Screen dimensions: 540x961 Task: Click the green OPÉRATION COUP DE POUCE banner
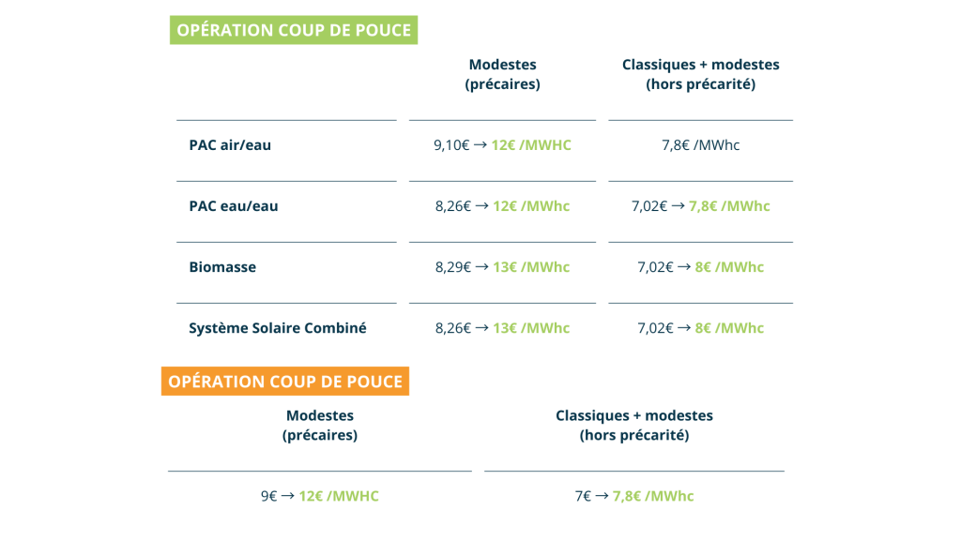pos(294,30)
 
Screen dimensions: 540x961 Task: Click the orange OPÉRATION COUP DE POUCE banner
pos(285,382)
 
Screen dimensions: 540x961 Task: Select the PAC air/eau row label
pos(230,145)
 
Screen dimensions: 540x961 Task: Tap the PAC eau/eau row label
pos(234,206)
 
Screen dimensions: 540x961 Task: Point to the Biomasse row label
pos(222,267)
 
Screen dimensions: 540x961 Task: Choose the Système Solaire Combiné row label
pos(278,328)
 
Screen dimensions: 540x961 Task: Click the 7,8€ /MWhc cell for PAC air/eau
pos(700,145)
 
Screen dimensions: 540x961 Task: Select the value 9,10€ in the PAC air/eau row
pos(451,145)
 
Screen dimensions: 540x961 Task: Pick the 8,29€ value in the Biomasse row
pos(453,267)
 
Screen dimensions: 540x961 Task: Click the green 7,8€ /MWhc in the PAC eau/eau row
pos(729,206)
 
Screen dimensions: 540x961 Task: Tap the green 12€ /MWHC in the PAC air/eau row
pos(531,145)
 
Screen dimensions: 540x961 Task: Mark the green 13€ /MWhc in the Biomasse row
pos(531,267)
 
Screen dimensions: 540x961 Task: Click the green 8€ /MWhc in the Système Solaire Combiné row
pos(729,328)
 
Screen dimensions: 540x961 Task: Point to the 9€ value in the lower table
pos(268,496)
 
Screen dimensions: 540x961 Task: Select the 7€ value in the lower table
pos(583,496)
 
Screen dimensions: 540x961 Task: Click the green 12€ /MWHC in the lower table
pos(339,496)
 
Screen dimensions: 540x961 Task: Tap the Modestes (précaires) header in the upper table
pos(502,74)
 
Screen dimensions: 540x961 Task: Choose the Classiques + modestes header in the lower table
pos(634,425)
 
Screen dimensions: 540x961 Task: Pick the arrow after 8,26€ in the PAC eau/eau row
pos(482,206)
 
